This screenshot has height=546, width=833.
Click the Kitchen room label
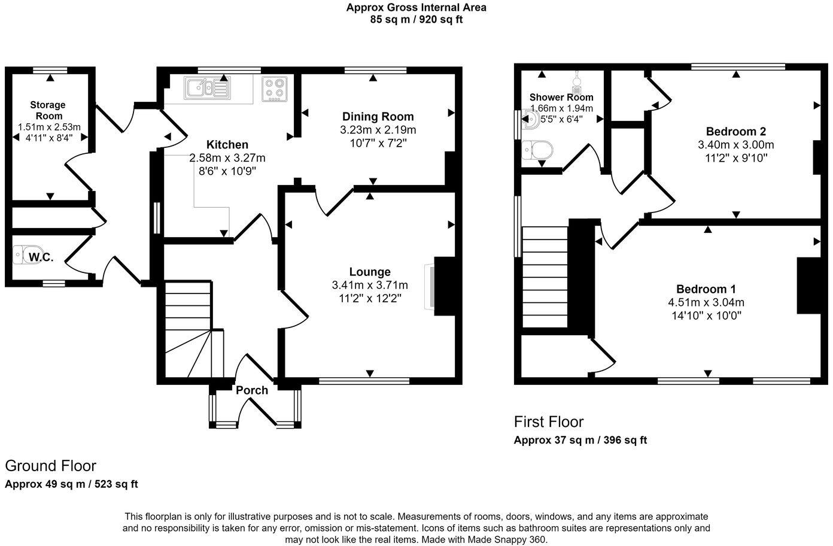tap(227, 145)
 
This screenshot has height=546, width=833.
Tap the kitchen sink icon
tap(206, 88)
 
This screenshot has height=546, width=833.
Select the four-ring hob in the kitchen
tap(275, 89)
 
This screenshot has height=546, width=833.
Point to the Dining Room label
tap(378, 117)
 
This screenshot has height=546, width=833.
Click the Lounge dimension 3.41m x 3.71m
tap(370, 285)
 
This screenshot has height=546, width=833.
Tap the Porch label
tap(252, 390)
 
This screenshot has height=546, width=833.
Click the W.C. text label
tap(41, 258)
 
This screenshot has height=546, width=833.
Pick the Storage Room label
tap(48, 110)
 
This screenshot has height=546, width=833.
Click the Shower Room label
tap(561, 97)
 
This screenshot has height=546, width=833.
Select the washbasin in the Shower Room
tap(531, 120)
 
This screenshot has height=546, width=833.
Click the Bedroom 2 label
tap(735, 132)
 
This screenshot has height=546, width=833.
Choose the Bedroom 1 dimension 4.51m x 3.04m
tap(706, 302)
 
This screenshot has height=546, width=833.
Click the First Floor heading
tap(548, 421)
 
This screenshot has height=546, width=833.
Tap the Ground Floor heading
tap(50, 466)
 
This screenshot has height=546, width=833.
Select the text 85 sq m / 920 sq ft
tap(416, 19)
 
